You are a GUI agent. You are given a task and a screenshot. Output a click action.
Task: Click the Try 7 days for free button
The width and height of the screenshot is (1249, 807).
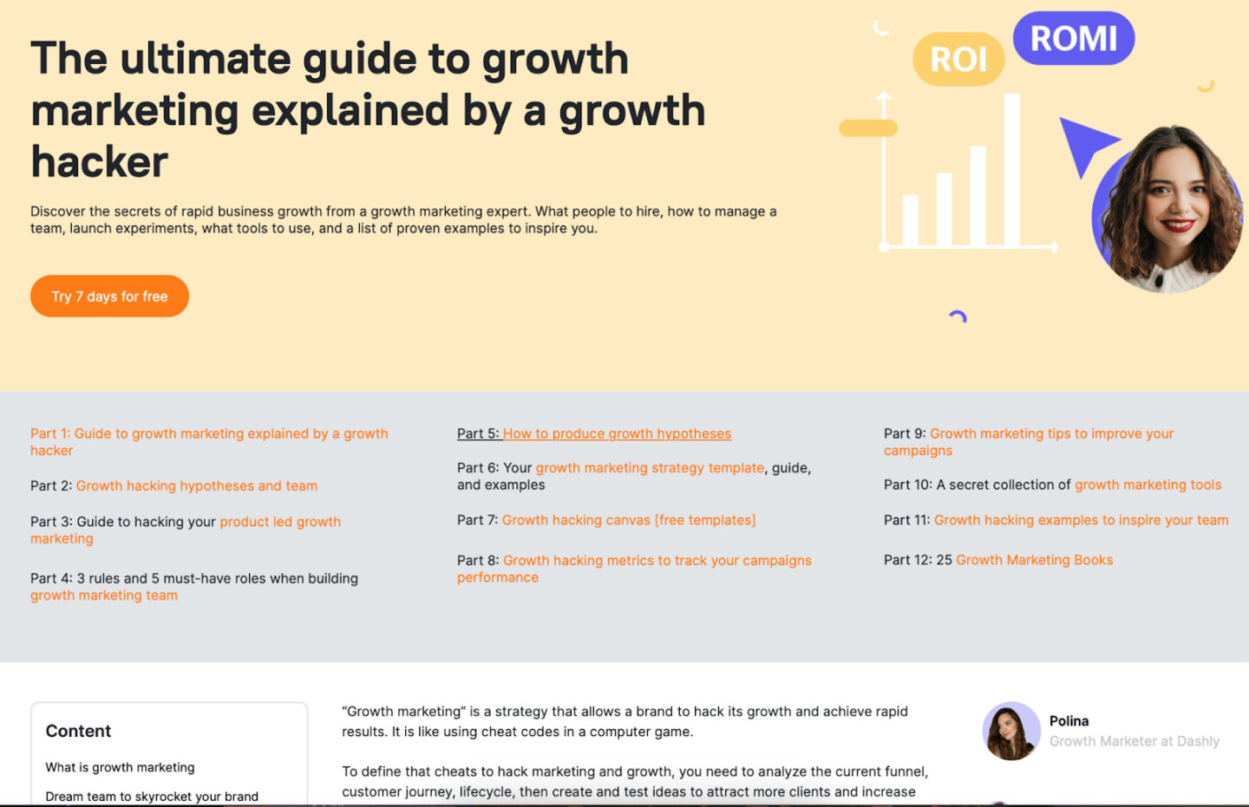109,296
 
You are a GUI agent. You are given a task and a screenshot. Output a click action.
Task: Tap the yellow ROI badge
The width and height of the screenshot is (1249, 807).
958,60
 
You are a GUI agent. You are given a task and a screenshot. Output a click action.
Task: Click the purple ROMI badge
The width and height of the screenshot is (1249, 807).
1074,39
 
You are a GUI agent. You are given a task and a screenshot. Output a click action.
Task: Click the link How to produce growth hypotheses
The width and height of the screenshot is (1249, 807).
617,433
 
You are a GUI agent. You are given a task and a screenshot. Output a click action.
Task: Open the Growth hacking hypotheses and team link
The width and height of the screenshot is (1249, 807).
197,485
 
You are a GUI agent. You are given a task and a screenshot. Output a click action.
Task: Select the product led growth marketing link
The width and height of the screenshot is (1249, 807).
279,522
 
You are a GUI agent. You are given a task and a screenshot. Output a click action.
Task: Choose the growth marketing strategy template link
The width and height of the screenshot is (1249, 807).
650,468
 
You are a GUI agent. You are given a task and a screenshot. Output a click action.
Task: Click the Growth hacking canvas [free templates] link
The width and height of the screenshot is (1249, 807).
629,520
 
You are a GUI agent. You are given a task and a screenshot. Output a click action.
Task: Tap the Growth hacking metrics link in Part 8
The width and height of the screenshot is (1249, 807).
657,561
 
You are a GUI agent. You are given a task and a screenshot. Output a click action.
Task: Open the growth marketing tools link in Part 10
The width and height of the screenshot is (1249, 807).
1148,485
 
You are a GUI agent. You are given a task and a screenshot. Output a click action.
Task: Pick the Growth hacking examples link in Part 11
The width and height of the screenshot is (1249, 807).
1081,520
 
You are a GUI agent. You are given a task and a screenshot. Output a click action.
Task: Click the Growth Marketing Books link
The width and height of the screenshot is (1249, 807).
1034,560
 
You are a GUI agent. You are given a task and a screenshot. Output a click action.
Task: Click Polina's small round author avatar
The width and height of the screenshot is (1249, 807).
1010,731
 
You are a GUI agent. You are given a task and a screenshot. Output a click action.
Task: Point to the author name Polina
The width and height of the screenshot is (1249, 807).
1069,721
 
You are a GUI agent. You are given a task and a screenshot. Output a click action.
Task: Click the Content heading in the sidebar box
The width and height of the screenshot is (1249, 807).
78,731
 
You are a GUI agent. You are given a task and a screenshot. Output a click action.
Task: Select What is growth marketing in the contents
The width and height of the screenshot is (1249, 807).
120,767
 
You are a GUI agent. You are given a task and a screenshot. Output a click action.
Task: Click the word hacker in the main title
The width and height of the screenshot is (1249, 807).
100,162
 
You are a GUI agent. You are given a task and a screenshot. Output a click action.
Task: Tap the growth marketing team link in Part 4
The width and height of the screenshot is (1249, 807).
104,595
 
